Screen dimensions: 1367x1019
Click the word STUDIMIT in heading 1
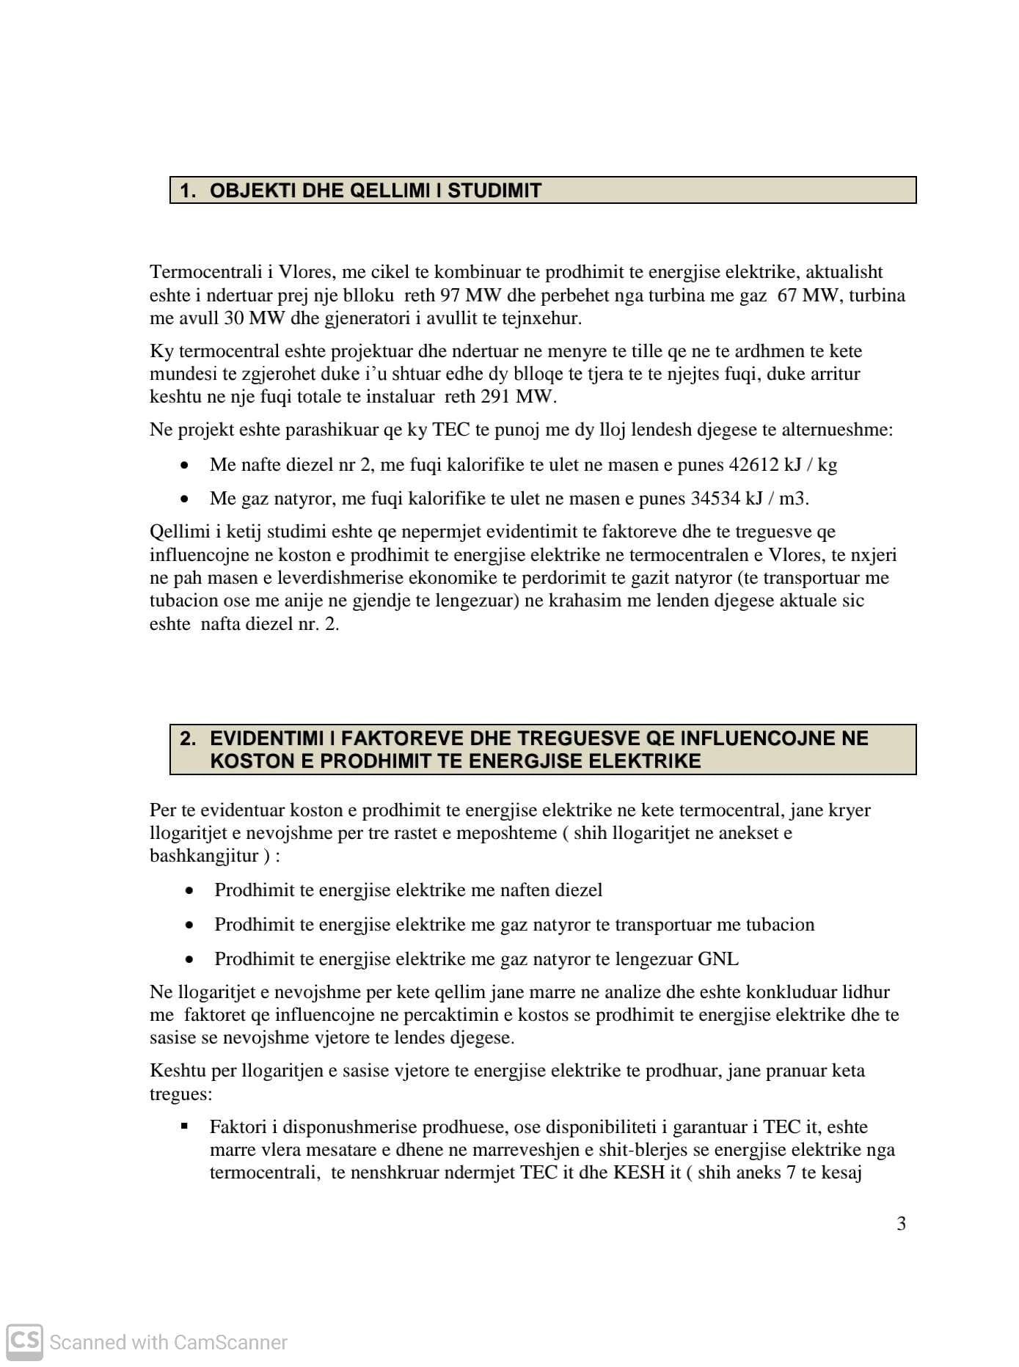(494, 191)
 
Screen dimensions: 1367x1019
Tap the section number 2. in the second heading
(188, 739)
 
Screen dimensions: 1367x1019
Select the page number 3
(901, 1223)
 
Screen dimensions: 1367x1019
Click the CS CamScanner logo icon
(24, 1341)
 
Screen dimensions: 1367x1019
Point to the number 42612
(753, 465)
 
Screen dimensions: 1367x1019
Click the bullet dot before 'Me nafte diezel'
(185, 466)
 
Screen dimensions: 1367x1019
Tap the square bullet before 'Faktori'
(184, 1126)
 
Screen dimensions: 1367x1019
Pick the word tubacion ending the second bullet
(780, 925)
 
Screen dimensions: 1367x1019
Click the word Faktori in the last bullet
(238, 1127)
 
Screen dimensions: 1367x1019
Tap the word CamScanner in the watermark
(230, 1342)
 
